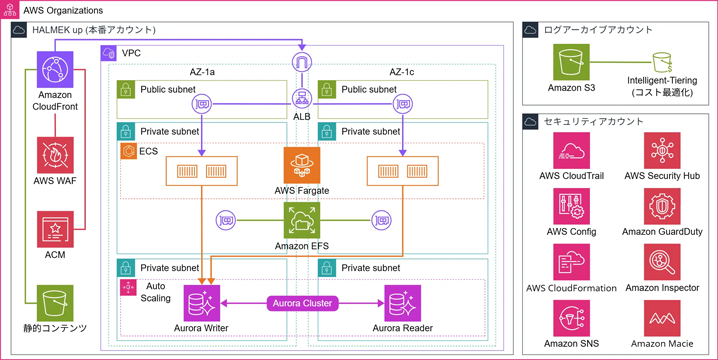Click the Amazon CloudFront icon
pos(55,72)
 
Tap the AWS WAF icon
pos(55,155)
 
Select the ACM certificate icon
pos(55,229)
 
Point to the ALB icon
pos(302,99)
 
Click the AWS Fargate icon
pos(302,164)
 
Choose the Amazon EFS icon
pos(302,220)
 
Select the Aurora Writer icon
pos(203,302)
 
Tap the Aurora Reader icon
pos(402,302)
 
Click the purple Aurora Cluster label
pos(302,302)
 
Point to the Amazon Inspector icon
pos(663,262)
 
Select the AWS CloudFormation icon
pos(572,262)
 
